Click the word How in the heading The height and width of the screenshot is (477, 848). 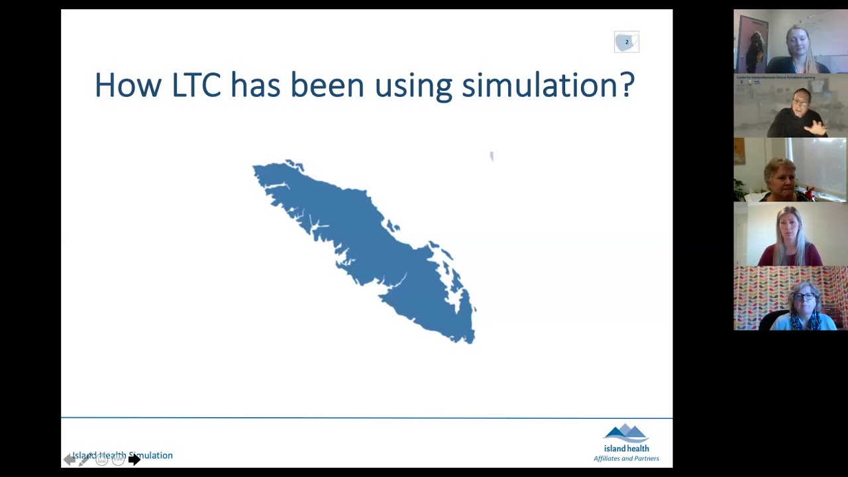pos(126,85)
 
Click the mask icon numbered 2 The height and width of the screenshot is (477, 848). pos(626,42)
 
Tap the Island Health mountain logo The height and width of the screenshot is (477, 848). pos(626,434)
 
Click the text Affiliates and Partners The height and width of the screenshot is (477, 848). pos(626,458)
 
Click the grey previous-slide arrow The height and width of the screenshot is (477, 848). pos(69,460)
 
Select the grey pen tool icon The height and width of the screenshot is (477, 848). pos(85,460)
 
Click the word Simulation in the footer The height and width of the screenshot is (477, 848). pos(151,455)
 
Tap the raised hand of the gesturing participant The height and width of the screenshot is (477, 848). pos(818,127)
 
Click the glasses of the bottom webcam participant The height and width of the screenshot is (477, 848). pos(804,296)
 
